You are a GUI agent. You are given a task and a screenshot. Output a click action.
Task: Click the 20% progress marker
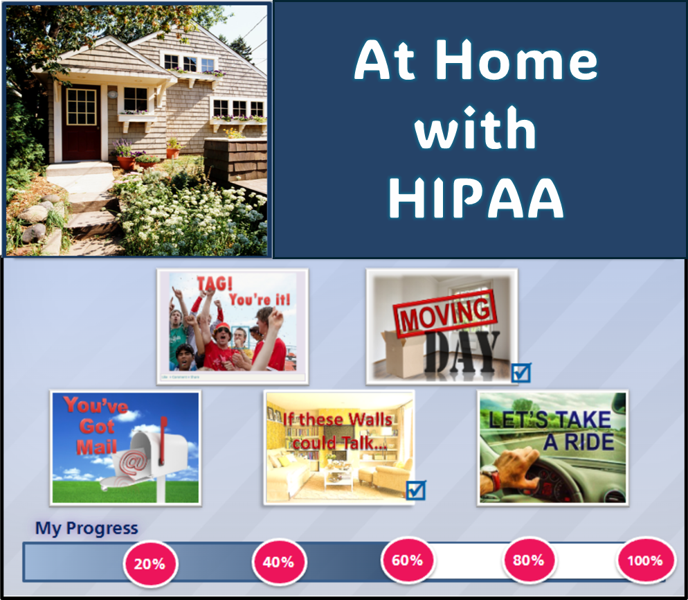[150, 563]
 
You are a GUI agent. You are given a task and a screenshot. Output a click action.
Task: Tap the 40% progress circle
[279, 562]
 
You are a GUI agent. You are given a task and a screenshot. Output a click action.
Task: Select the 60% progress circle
[408, 560]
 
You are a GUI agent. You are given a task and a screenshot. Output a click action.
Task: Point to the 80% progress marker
[529, 560]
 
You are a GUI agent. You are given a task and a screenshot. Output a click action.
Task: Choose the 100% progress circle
[646, 561]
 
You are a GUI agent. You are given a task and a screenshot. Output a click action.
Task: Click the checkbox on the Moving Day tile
[521, 373]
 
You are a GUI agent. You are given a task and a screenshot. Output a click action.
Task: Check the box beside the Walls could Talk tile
[415, 491]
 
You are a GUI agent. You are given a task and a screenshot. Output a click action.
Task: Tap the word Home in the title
[516, 60]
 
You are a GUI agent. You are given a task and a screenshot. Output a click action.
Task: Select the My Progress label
[87, 528]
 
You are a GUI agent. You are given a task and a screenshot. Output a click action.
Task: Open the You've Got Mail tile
[125, 448]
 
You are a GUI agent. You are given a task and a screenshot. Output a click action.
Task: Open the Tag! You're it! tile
[233, 326]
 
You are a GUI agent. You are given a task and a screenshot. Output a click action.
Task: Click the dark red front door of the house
[81, 122]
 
